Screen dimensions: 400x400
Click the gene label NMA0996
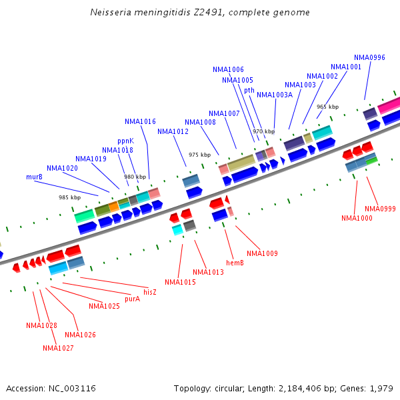coord(369,57)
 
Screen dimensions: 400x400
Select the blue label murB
coord(35,177)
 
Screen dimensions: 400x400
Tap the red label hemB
coord(235,263)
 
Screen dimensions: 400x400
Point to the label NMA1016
coord(140,121)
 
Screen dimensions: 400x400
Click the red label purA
coord(132,299)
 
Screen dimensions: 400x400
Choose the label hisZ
coord(150,292)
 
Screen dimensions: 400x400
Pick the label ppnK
coord(125,141)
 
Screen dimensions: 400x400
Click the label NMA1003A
coord(275,95)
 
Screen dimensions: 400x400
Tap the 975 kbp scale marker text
coord(199,155)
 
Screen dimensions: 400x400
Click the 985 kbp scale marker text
coord(69,197)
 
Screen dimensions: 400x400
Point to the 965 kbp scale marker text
coord(327,107)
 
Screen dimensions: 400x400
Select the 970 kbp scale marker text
coord(263,131)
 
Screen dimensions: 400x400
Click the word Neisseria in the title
coord(111,13)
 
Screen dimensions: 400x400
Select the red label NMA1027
coord(58,348)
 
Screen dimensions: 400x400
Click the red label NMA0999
coord(380,209)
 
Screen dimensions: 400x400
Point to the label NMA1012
coord(173,131)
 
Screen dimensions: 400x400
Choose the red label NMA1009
coord(262,253)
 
